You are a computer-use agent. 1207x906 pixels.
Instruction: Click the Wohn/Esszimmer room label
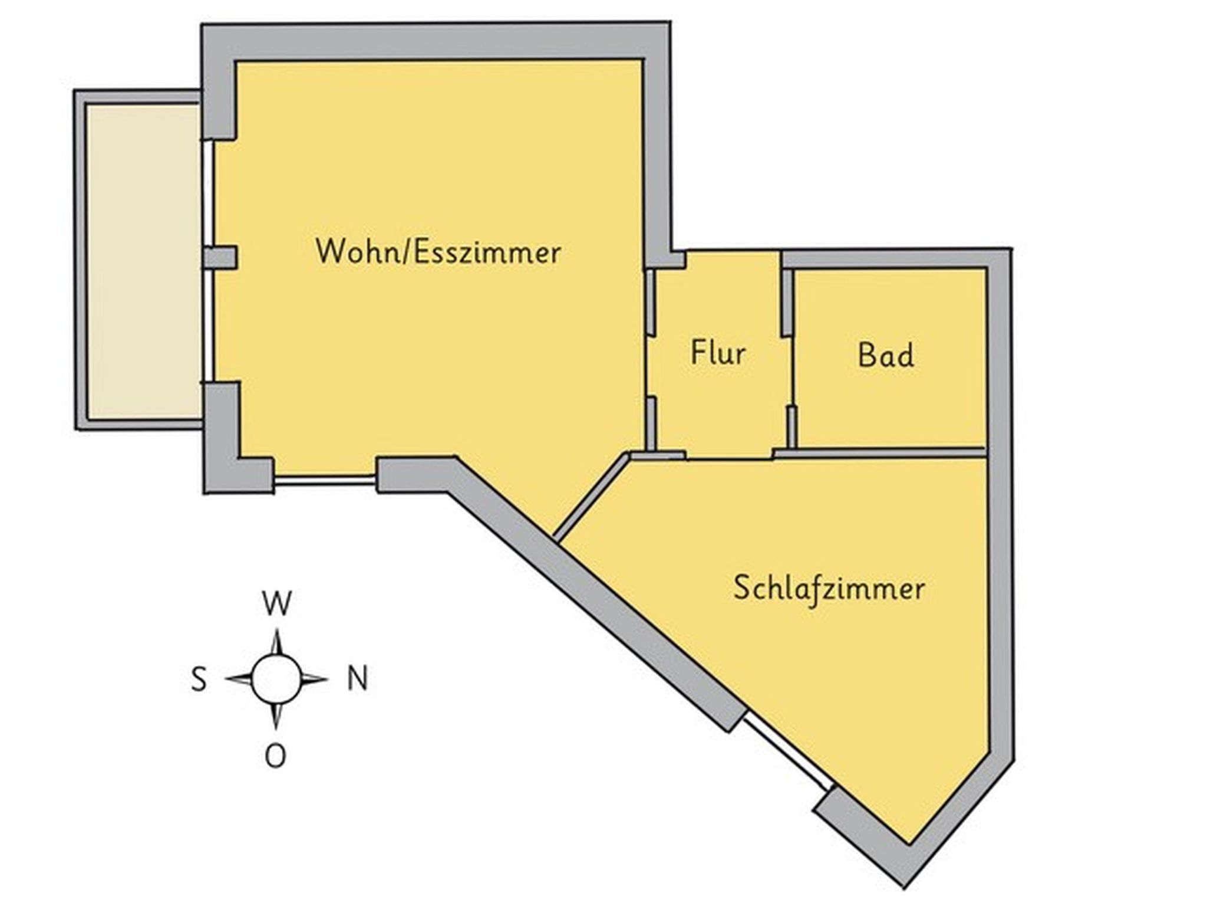pos(438,252)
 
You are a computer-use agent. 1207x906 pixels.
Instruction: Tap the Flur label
pos(718,353)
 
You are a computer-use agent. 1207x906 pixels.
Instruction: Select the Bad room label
pos(886,355)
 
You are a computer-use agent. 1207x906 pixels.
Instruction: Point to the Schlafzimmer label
pos(829,589)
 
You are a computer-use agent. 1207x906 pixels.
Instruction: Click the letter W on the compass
pos(277,603)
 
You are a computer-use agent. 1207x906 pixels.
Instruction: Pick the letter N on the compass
pos(358,679)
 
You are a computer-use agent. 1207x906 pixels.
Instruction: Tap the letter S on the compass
pos(199,679)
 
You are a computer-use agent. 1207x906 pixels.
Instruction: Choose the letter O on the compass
pos(276,756)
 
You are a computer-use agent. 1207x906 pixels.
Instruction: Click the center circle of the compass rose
pos(276,679)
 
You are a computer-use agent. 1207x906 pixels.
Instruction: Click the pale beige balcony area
pos(144,261)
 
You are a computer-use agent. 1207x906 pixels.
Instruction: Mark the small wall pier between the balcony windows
pos(220,258)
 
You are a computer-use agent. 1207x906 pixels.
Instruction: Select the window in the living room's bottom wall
pos(325,480)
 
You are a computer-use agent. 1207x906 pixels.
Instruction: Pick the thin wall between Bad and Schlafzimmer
pos(879,452)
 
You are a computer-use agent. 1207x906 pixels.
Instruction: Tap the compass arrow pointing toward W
pos(277,642)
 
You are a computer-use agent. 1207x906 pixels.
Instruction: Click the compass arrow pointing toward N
pos(314,679)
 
